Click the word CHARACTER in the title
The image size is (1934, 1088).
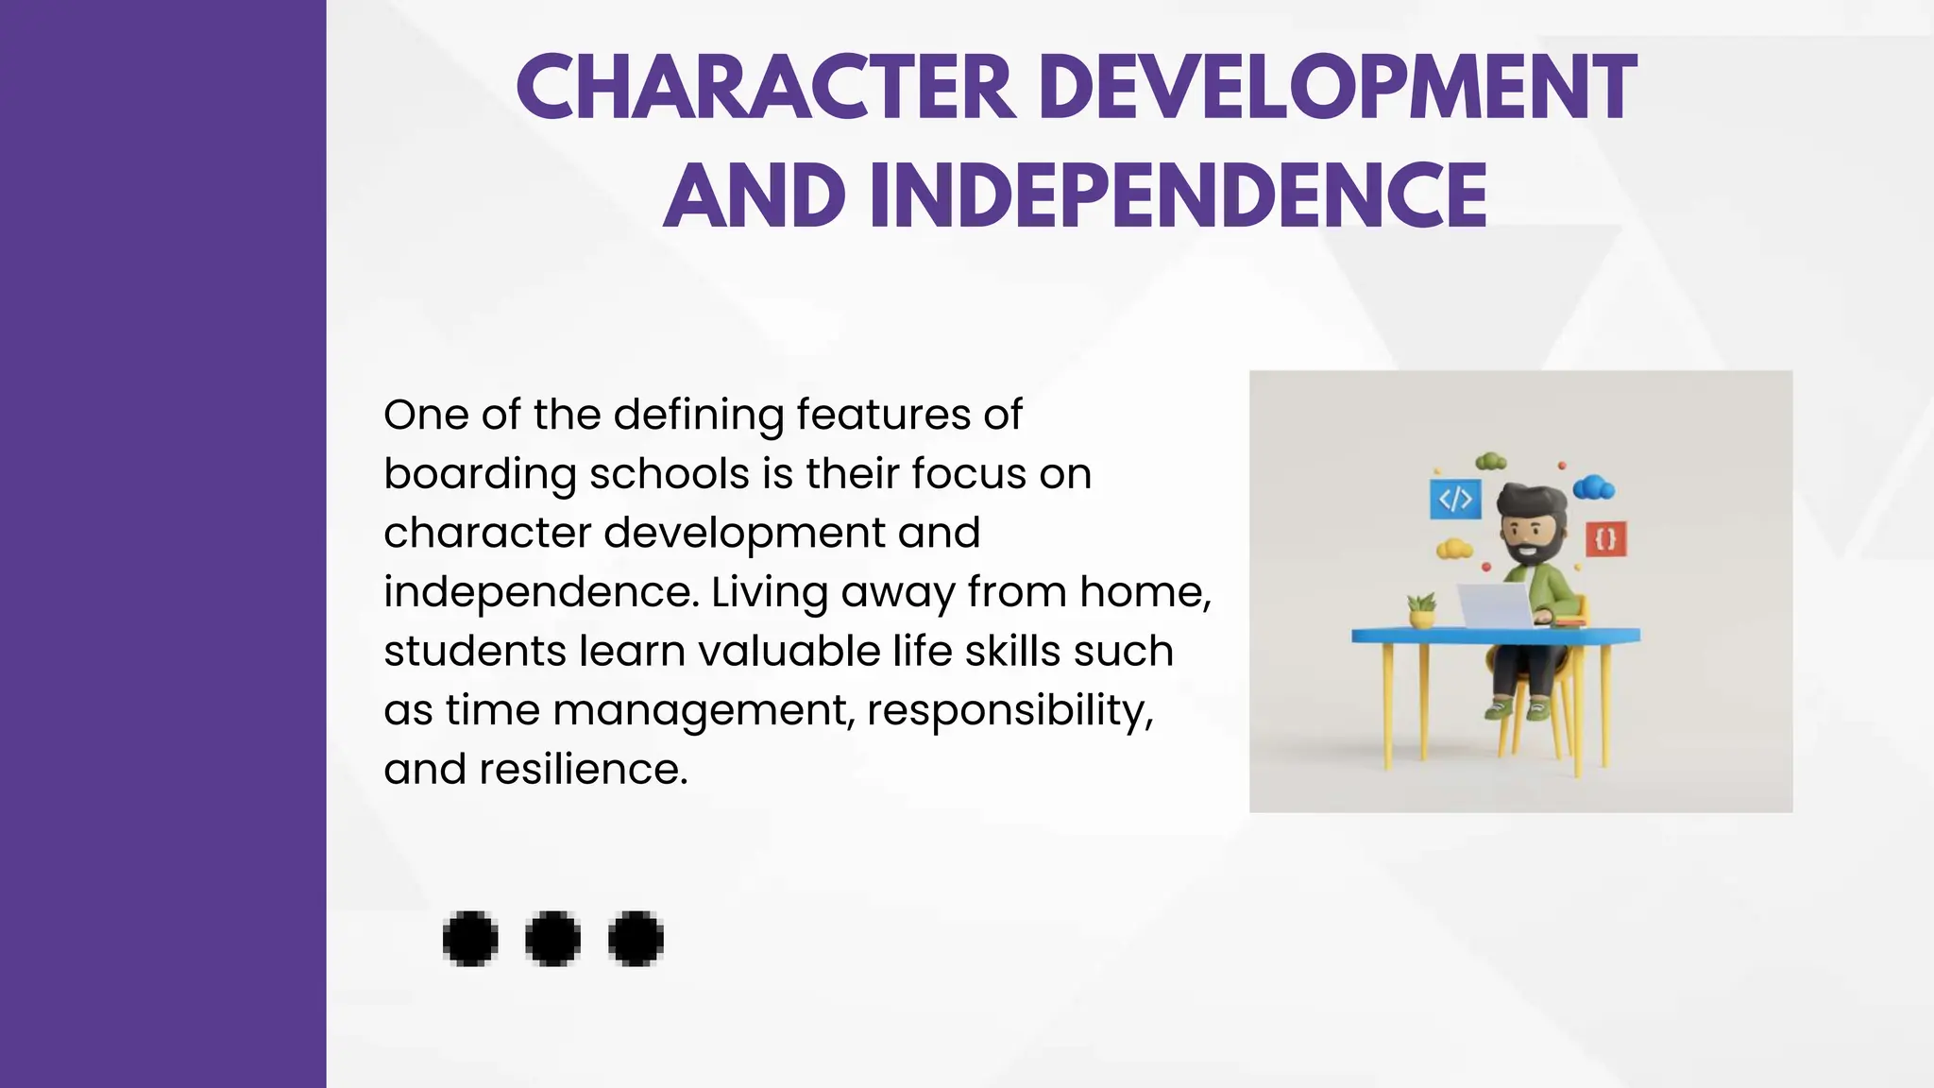click(x=766, y=87)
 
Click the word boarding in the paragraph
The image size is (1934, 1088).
click(x=479, y=475)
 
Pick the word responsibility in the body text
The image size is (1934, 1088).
click(x=1009, y=711)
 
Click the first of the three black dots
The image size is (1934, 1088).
click(x=470, y=939)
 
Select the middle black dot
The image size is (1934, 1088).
click(x=552, y=939)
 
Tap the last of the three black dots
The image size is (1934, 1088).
click(x=636, y=939)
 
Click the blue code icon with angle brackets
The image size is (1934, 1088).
click(x=1454, y=499)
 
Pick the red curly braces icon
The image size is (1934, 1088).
click(x=1605, y=539)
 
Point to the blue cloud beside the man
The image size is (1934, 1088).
click(x=1594, y=487)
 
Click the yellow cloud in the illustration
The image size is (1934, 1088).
click(x=1454, y=548)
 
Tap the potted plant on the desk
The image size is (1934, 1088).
click(x=1421, y=610)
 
